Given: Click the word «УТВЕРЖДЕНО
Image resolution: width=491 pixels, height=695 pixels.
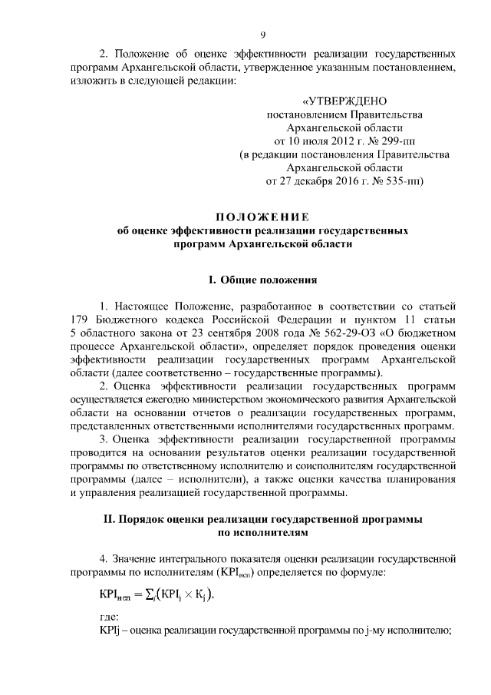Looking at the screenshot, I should (344, 101).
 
